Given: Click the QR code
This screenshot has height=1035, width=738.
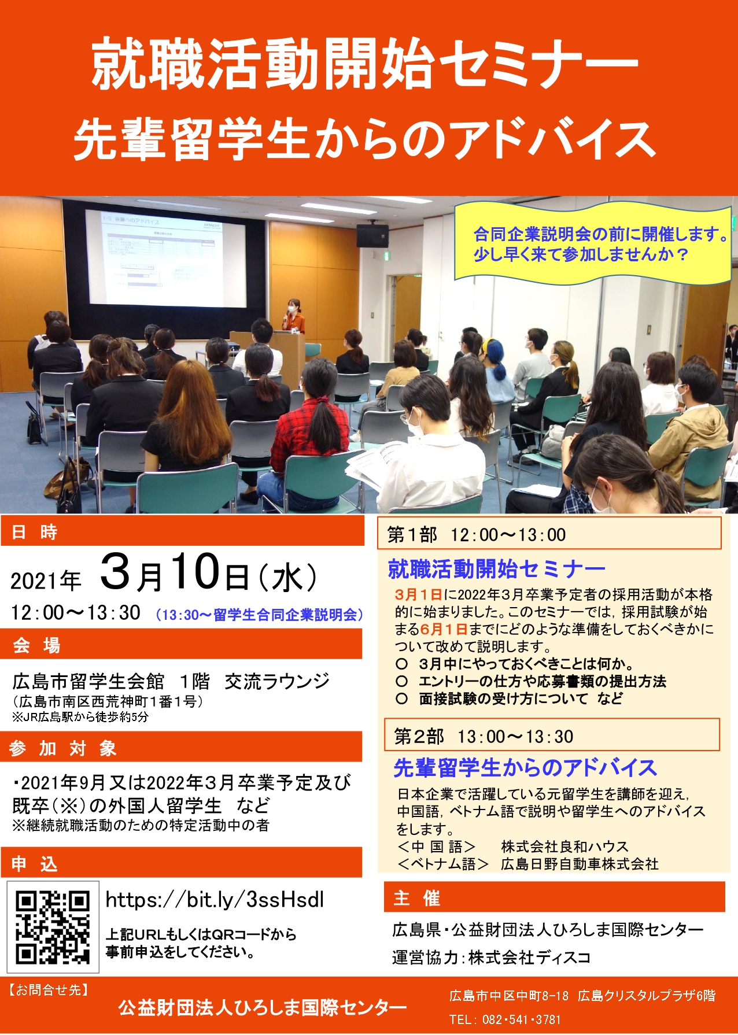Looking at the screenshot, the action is (53, 927).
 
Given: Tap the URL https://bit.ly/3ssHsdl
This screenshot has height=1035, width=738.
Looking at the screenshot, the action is (215, 900).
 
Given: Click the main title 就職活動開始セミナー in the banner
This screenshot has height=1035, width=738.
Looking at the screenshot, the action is (364, 65).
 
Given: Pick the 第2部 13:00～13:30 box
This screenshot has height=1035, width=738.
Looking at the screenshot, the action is (552, 735).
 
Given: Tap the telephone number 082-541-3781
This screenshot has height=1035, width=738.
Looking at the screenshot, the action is (522, 1019).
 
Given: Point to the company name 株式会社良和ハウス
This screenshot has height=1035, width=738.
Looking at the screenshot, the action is (564, 847).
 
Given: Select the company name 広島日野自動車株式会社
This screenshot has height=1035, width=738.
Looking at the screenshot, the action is (580, 864).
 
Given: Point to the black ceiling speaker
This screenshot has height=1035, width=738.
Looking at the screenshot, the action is (372, 235).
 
